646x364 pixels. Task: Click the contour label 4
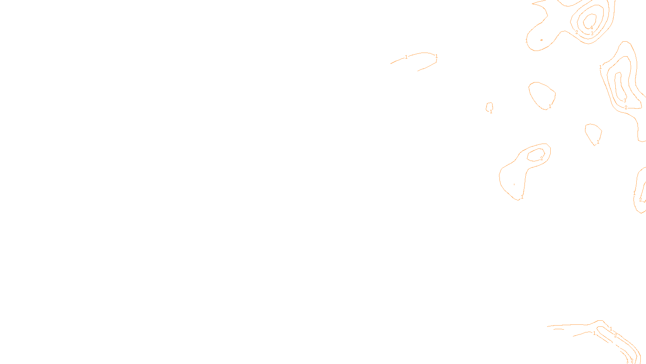591,28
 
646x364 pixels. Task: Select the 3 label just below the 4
592,34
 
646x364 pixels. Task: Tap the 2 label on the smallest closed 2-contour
541,159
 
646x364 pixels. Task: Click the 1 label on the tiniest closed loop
491,112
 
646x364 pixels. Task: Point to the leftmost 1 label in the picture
406,57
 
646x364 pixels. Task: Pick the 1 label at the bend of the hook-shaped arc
436,56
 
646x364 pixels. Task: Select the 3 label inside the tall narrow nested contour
625,101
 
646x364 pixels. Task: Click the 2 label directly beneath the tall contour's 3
626,108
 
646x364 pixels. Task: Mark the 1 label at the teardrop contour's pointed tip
598,142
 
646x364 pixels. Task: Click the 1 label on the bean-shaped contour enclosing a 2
522,197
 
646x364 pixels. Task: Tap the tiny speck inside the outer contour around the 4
541,40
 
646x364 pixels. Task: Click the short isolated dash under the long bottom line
559,329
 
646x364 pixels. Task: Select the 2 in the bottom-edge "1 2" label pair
632,361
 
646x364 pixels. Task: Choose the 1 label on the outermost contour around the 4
526,41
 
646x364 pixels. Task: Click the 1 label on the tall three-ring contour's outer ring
600,67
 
